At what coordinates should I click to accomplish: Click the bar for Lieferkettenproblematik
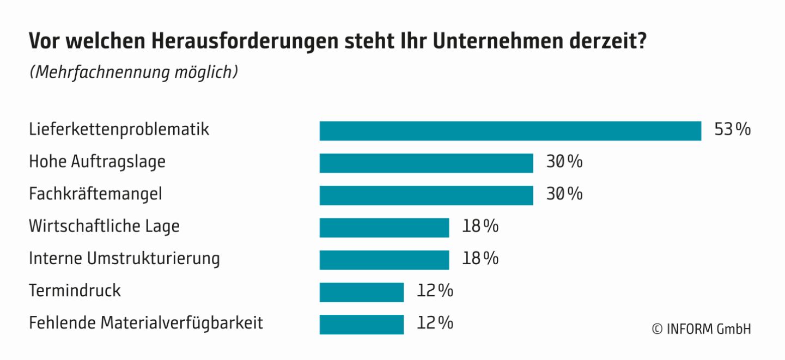[510, 131]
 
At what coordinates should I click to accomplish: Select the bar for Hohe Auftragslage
[426, 163]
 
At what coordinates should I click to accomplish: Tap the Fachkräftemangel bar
[426, 195]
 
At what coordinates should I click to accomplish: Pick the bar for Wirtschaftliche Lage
[384, 227]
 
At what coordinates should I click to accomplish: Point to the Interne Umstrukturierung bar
[384, 259]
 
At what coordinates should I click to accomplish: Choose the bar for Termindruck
[361, 291]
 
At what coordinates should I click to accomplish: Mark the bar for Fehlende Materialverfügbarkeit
[361, 324]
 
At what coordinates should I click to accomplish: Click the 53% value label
[732, 130]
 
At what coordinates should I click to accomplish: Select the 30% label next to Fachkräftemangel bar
[564, 194]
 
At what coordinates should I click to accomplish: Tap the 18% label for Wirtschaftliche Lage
[480, 227]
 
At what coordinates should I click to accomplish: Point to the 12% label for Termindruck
[435, 291]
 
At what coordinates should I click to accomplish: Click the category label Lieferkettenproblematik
[119, 130]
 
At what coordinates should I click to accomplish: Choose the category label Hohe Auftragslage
[97, 162]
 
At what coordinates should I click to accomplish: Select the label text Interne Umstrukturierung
[124, 258]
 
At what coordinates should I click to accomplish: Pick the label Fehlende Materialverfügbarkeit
[146, 323]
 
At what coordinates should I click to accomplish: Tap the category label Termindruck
[75, 290]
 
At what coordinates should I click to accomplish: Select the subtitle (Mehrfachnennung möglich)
[133, 72]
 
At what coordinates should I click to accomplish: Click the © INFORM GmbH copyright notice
[701, 329]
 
